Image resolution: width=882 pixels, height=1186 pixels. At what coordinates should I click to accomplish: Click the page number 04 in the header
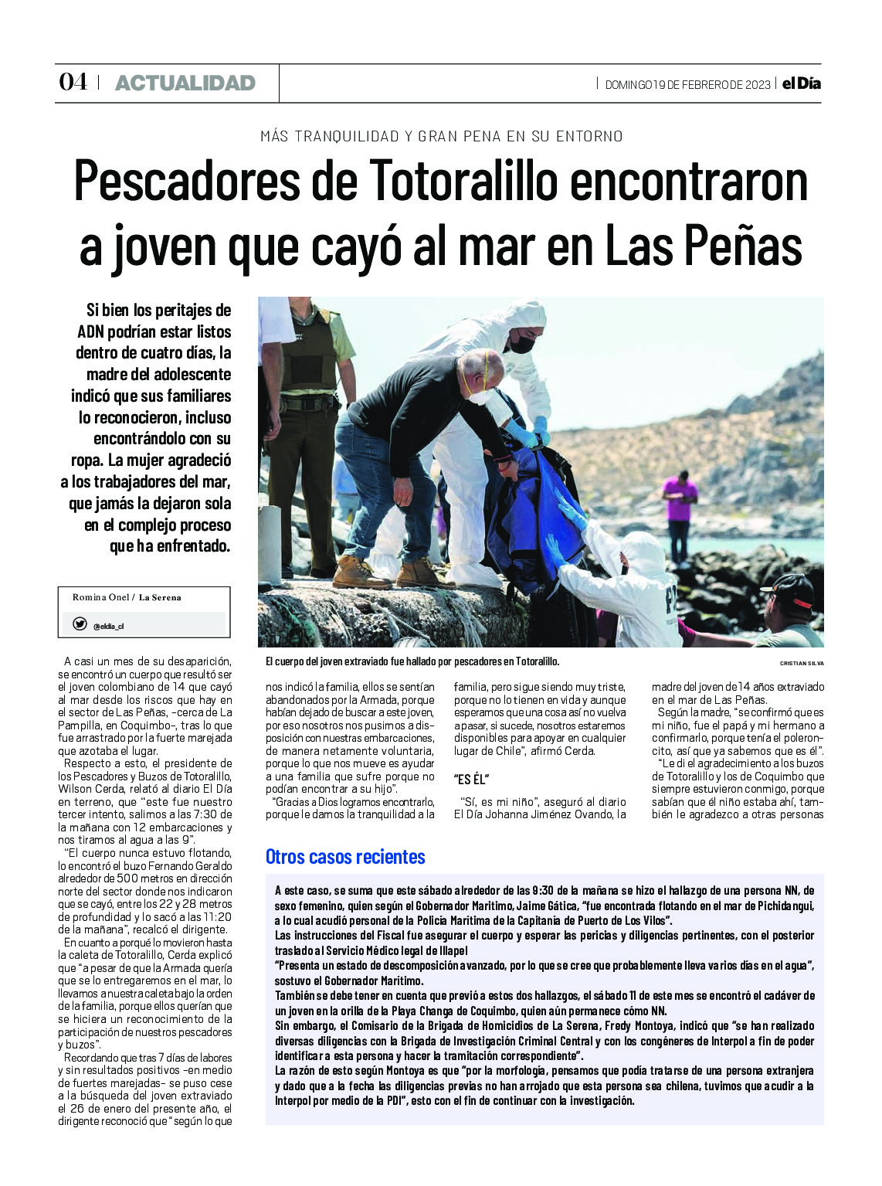[x=73, y=82]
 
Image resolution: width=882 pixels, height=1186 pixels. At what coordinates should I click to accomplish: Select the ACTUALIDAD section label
[x=185, y=83]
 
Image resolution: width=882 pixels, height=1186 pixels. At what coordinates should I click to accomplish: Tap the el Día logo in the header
[x=801, y=83]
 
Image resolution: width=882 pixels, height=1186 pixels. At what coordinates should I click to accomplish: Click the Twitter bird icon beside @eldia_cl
[x=79, y=624]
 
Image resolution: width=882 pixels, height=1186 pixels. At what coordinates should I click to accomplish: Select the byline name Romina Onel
[x=100, y=597]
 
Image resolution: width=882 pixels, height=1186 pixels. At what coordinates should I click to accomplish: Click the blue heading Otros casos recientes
[x=345, y=857]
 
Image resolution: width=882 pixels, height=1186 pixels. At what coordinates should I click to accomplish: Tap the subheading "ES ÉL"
[x=472, y=779]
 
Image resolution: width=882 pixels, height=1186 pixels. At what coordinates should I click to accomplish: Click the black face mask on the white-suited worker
[x=522, y=344]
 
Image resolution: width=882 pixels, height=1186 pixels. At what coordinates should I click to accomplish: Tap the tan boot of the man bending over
[x=421, y=573]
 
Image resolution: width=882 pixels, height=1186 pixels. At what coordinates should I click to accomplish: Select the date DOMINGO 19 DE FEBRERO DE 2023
[x=687, y=84]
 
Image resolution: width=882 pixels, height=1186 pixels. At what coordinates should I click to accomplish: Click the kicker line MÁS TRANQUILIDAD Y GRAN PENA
[x=441, y=137]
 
